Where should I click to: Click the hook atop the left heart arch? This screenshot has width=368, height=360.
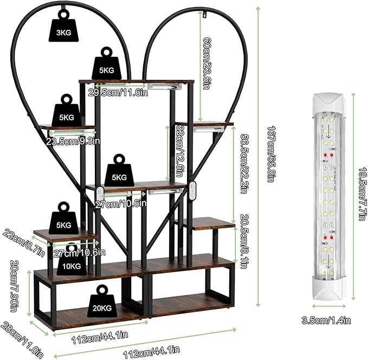[x=63, y=9]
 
